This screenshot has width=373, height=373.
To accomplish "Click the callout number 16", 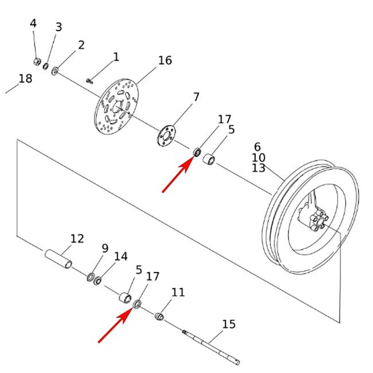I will pyautogui.click(x=165, y=60).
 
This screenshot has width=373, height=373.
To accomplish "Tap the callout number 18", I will pyautogui.click(x=25, y=79).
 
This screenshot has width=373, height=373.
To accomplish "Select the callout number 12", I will pyautogui.click(x=77, y=238).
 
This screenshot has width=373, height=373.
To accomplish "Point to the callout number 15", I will pyautogui.click(x=228, y=325).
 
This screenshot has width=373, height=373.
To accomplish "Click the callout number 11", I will pyautogui.click(x=178, y=293).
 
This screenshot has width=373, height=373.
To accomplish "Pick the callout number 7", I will pyautogui.click(x=196, y=97).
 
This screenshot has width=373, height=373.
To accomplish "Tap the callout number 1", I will pyautogui.click(x=116, y=57).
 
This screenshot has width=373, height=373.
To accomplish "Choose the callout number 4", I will pyautogui.click(x=33, y=24).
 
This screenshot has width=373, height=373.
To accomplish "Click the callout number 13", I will pyautogui.click(x=258, y=168).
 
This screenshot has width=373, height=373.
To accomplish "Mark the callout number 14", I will pyautogui.click(x=121, y=257).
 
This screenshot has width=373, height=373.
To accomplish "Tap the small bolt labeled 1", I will pyautogui.click(x=90, y=80).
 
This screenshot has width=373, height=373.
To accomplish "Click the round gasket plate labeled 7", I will pyautogui.click(x=166, y=137).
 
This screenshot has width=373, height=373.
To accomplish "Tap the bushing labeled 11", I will pyautogui.click(x=161, y=316).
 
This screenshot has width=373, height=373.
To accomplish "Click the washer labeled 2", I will pyautogui.click(x=56, y=71).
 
